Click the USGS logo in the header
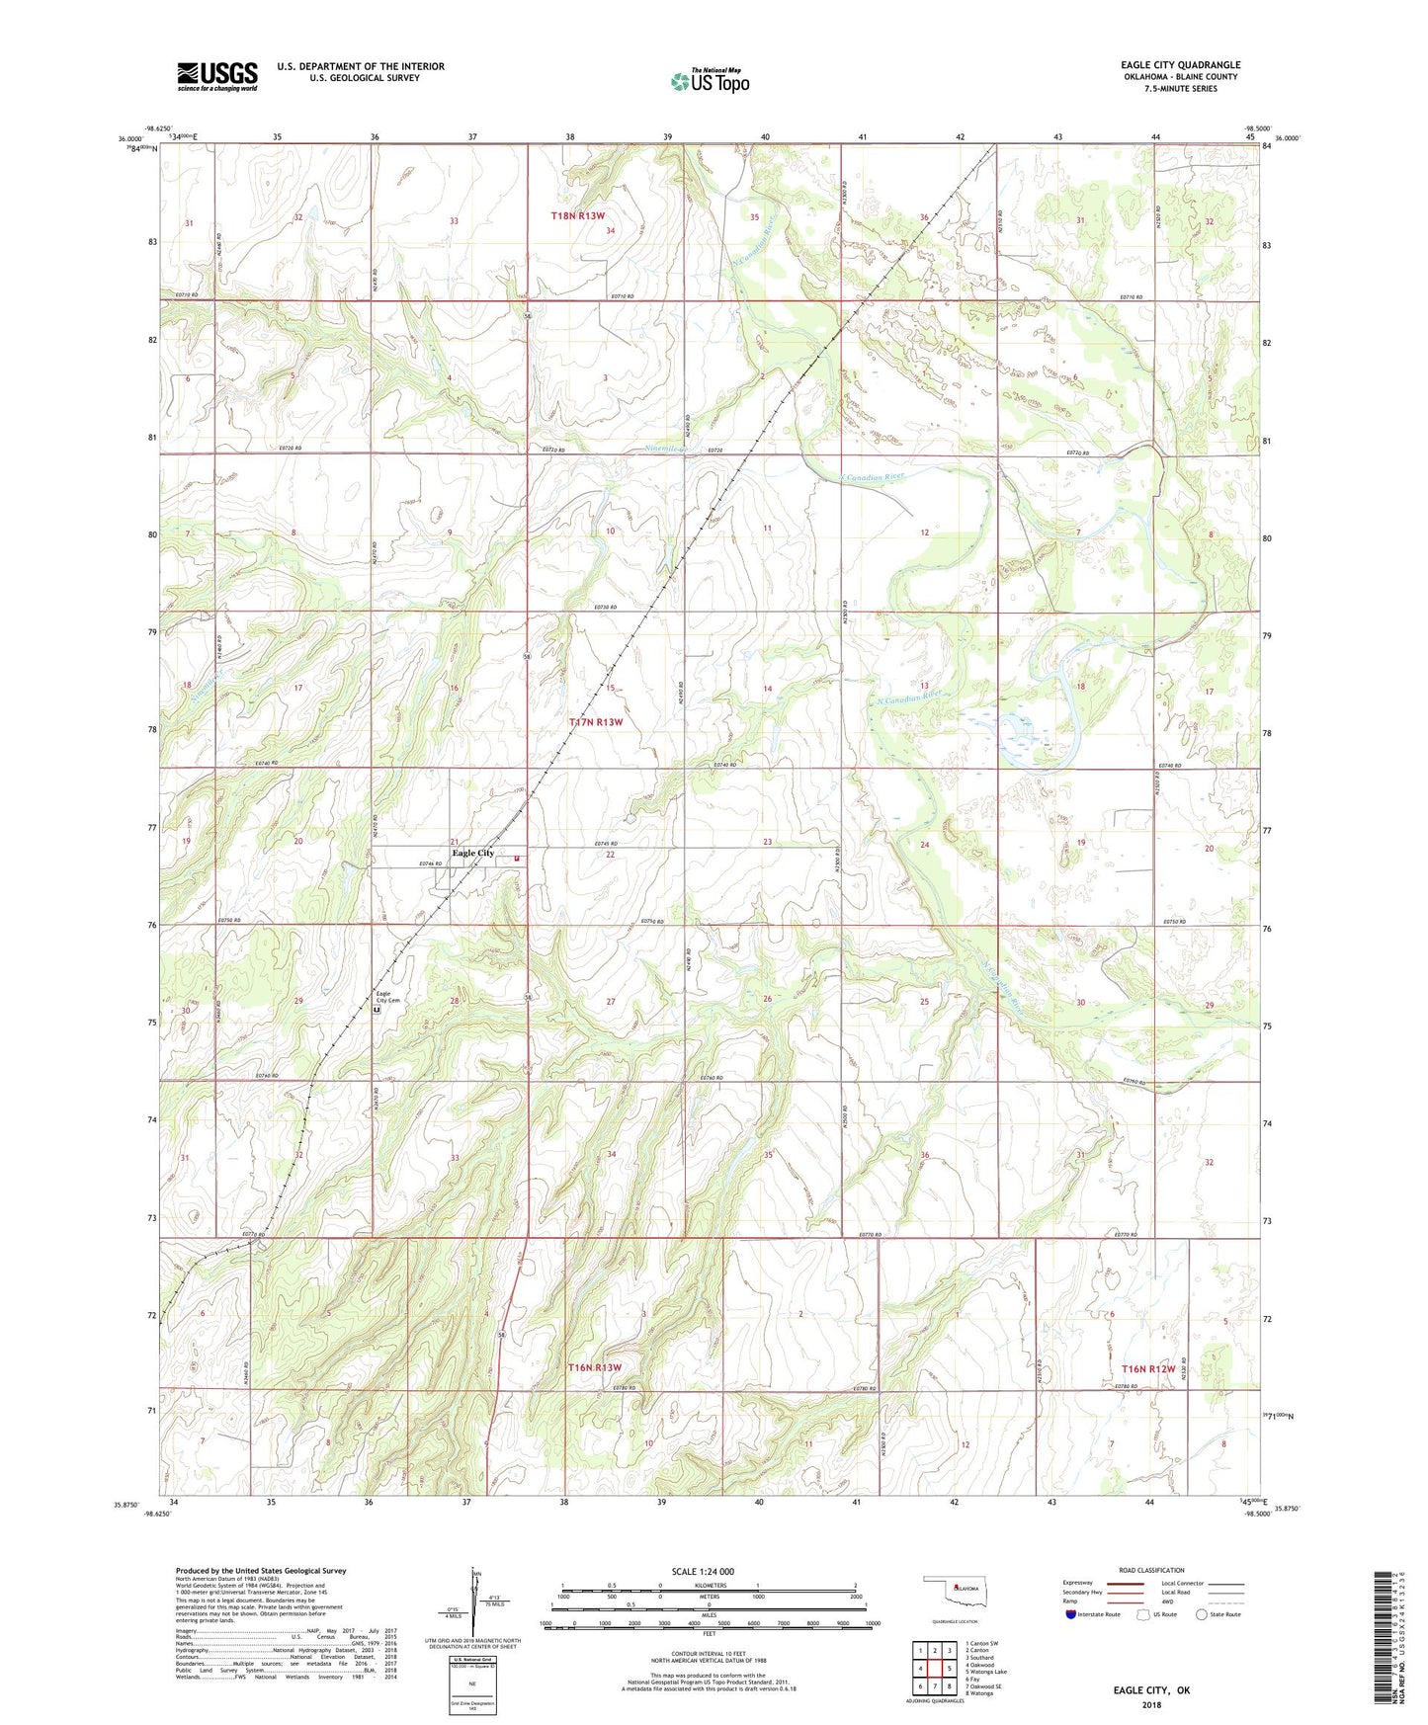[x=217, y=76]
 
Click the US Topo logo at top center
[x=710, y=80]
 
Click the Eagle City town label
[x=472, y=853]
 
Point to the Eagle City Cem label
[x=387, y=998]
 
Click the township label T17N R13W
[x=596, y=722]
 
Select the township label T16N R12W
[x=1147, y=1369]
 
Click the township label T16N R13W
[x=595, y=1367]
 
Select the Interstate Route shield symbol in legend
[x=1071, y=1614]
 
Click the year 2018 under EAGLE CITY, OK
[x=1151, y=1704]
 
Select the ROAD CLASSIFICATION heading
[x=1151, y=1570]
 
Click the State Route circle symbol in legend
[x=1201, y=1614]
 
